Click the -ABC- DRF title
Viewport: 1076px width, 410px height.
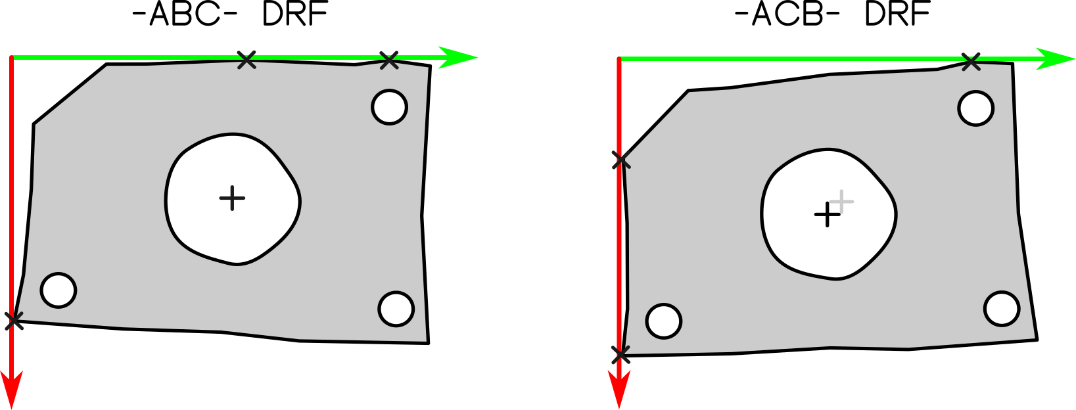[230, 14]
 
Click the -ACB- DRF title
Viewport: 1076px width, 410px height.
[832, 14]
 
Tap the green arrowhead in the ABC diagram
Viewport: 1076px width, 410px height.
[457, 58]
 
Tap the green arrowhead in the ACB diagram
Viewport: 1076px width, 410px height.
[1056, 58]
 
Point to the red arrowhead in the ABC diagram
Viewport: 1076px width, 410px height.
[12, 390]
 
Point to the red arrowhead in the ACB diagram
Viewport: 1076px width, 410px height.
[619, 390]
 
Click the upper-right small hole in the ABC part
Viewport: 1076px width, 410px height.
[390, 106]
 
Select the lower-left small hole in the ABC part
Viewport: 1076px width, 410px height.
[58, 290]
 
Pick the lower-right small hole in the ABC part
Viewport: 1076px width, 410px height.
[396, 309]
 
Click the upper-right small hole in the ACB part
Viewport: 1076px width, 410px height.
[976, 108]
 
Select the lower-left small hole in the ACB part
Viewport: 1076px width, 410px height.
[664, 321]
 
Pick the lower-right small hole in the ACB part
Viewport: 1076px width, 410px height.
[1002, 309]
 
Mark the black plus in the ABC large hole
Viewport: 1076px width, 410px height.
[232, 198]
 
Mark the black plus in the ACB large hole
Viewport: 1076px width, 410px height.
[827, 215]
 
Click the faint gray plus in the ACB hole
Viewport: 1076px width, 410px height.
[841, 201]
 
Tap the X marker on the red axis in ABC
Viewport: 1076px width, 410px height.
[14, 321]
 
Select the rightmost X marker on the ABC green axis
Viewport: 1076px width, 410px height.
[389, 60]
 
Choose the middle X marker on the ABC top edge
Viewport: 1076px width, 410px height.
[246, 60]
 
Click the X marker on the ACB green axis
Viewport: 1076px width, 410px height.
[971, 62]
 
